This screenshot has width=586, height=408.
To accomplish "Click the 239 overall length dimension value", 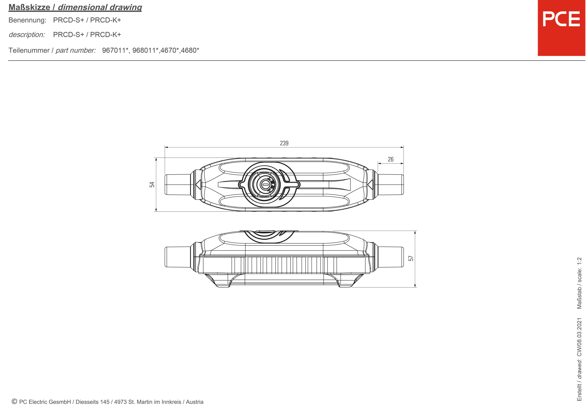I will pyautogui.click(x=284, y=143).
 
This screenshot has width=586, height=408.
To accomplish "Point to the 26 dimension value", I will pyautogui.click(x=390, y=159).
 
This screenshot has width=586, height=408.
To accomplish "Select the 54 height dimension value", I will pyautogui.click(x=152, y=184).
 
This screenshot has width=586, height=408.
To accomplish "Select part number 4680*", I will pyautogui.click(x=190, y=50).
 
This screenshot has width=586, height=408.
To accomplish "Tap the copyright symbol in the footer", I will pyautogui.click(x=14, y=402).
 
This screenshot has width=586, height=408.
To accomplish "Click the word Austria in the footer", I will pyautogui.click(x=195, y=402).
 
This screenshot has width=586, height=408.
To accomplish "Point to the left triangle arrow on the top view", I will pyautogui.click(x=198, y=184).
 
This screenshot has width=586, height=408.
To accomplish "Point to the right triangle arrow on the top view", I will pyautogui.click(x=370, y=184).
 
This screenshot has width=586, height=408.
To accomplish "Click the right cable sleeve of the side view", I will pyautogui.click(x=390, y=257).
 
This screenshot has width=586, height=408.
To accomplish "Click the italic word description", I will pyautogui.click(x=27, y=35).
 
